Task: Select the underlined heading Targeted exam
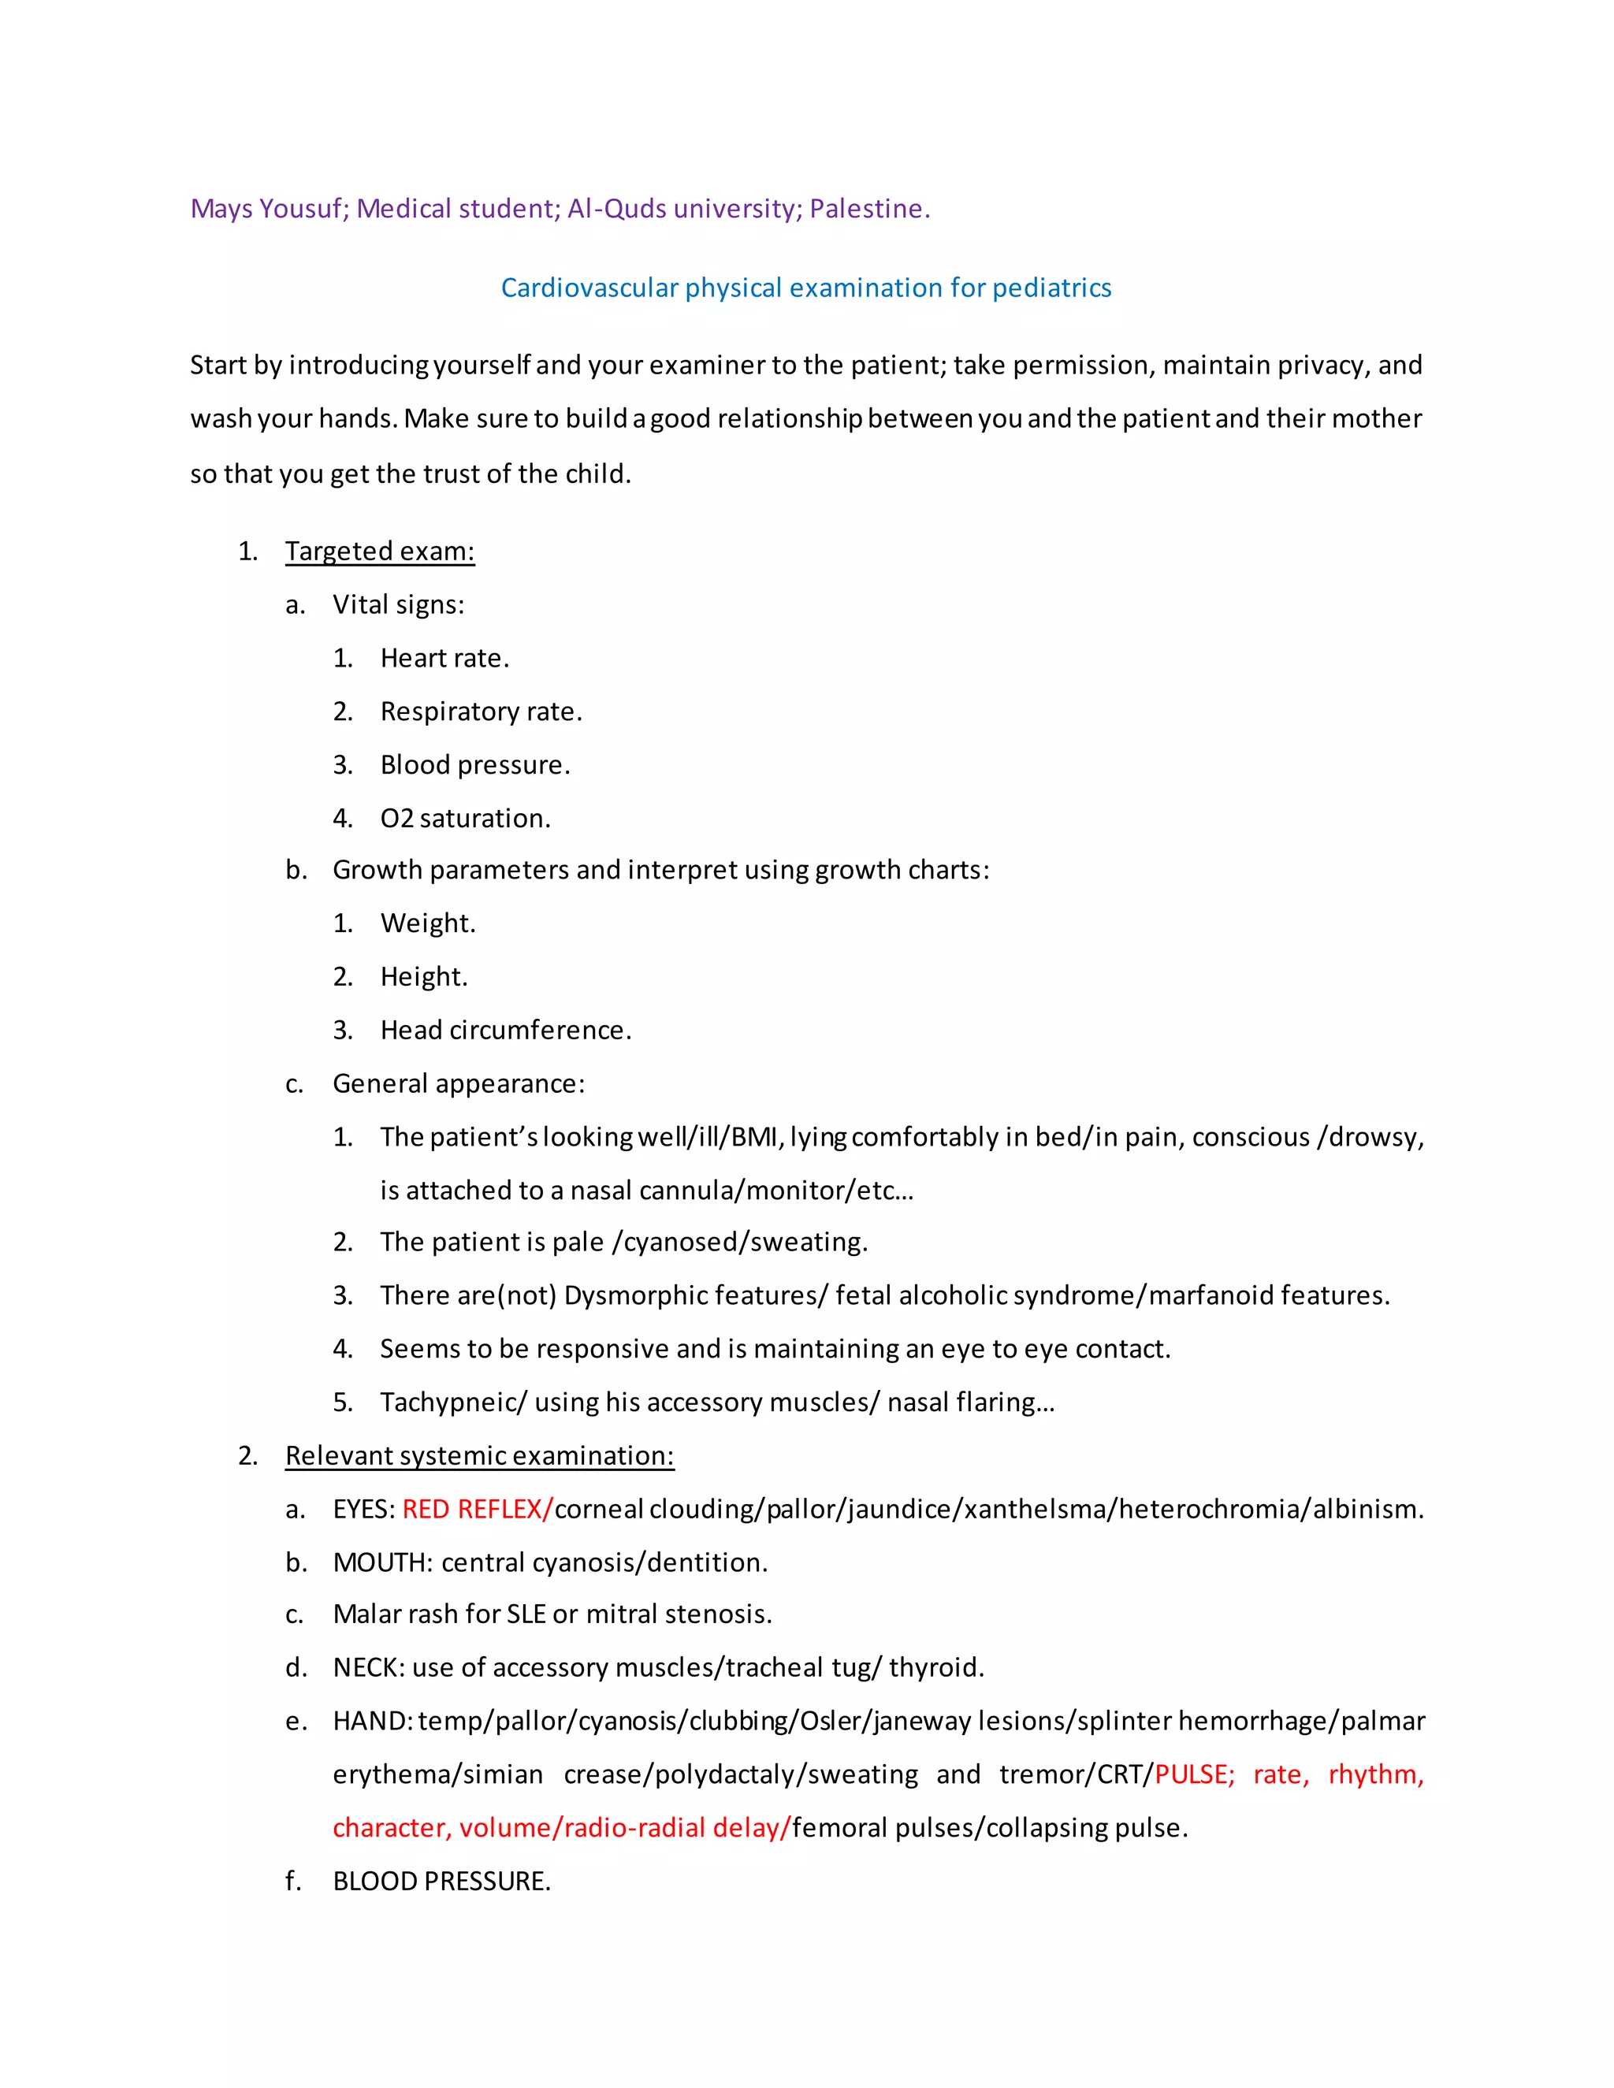[380, 551]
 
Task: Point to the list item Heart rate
[444, 658]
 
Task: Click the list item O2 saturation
[465, 819]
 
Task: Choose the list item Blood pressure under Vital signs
[474, 765]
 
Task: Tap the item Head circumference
[505, 1030]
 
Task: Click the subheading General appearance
[458, 1083]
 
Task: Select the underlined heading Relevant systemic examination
[479, 1455]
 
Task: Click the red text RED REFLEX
[476, 1509]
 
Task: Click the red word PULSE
[1193, 1774]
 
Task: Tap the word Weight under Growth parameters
[426, 923]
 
